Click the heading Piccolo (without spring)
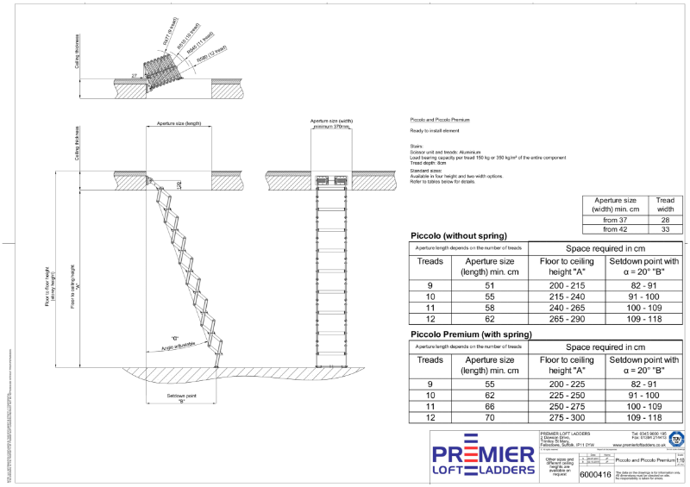pos(458,235)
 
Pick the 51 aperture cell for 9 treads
pos(489,284)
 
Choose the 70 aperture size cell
pos(489,417)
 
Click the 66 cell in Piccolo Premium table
pos(489,406)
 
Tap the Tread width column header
pos(666,204)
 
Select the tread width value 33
pos(666,229)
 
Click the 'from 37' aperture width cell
pos(616,220)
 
